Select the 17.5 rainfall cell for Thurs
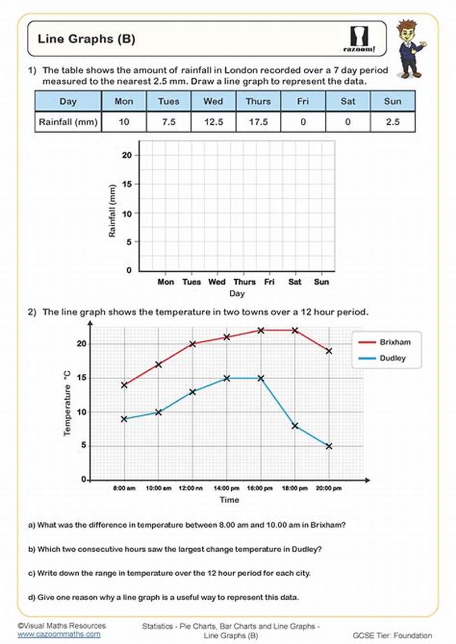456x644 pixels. pos(258,121)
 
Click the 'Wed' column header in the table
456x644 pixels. pos(213,101)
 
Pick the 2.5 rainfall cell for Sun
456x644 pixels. pos(393,121)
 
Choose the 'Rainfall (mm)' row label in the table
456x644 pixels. pos(68,121)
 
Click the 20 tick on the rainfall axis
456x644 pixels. pos(127,155)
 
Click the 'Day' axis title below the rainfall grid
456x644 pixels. pos(237,294)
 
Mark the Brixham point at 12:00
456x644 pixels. pos(193,344)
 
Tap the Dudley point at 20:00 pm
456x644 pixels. pos(329,446)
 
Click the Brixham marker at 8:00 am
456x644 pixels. pos(124,385)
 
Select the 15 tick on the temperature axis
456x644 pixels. pos(81,378)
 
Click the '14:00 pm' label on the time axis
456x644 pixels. pos(227,488)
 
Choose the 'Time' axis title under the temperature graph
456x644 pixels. pos(230,500)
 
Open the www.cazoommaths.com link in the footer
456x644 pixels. pos(59,634)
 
